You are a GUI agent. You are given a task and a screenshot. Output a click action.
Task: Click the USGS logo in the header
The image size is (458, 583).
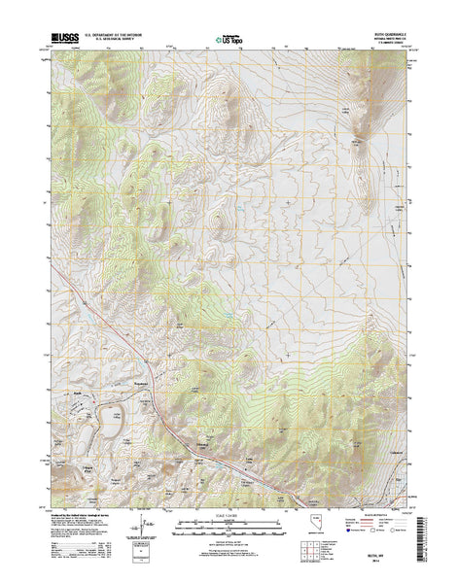[x=54, y=40]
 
